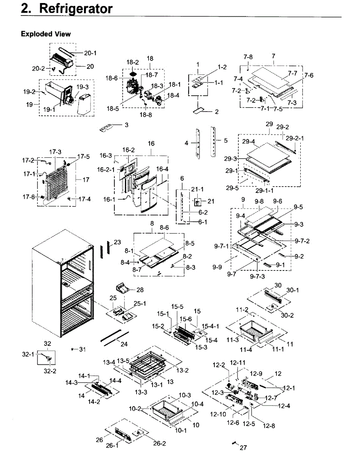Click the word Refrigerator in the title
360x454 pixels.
(x=76, y=9)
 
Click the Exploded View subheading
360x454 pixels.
(x=46, y=34)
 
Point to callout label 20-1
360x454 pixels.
(x=90, y=53)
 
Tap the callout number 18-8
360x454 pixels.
(x=146, y=115)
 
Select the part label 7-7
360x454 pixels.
(x=293, y=73)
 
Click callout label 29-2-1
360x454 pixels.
(x=295, y=138)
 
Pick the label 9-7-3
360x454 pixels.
(x=257, y=276)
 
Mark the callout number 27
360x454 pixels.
(x=244, y=447)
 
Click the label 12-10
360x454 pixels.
(x=218, y=414)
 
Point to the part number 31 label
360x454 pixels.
(x=82, y=350)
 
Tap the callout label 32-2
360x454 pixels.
(x=50, y=371)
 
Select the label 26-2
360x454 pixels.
(x=160, y=443)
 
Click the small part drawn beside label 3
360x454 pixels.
(x=106, y=127)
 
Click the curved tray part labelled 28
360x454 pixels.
(x=123, y=289)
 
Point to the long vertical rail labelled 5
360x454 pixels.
(x=213, y=141)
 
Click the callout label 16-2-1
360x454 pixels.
(x=106, y=169)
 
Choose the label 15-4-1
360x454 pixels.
(x=210, y=326)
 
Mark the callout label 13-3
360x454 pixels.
(x=141, y=392)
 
